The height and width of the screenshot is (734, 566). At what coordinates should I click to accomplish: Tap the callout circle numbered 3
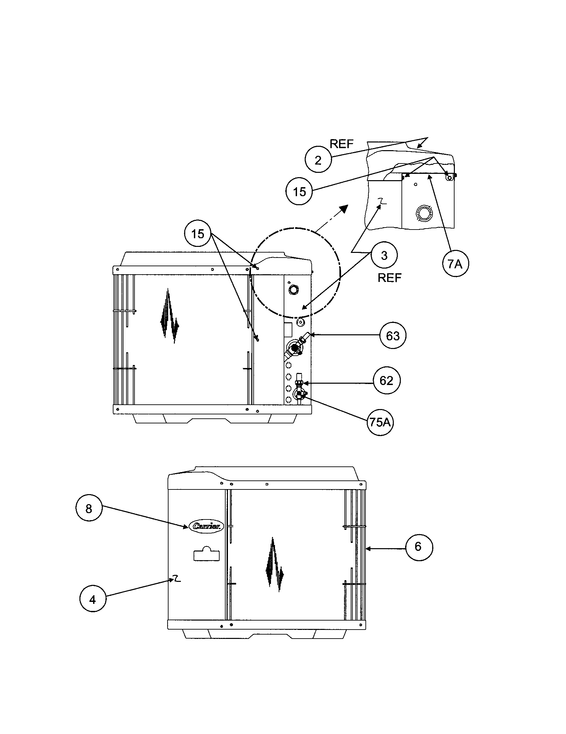click(384, 255)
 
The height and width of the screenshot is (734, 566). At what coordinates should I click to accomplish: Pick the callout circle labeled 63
click(393, 335)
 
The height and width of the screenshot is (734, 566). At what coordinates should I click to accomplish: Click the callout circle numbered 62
click(386, 380)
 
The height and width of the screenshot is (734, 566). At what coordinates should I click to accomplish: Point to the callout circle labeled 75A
click(380, 422)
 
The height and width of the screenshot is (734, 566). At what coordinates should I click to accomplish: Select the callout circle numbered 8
click(89, 508)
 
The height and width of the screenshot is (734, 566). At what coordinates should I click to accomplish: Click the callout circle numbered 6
click(418, 546)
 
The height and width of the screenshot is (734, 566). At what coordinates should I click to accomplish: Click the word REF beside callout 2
click(341, 144)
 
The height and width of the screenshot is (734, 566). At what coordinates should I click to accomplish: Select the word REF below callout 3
click(389, 278)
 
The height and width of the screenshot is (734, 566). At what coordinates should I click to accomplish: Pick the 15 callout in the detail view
click(299, 192)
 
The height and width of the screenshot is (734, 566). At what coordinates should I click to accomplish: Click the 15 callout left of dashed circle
click(198, 233)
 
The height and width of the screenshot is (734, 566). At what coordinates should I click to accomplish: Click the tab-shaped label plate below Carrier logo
click(206, 554)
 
